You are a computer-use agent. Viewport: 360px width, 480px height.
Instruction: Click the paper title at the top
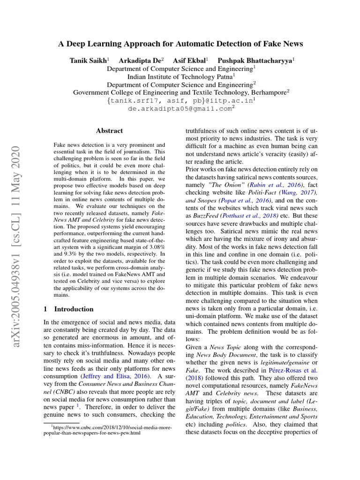pos(180,44)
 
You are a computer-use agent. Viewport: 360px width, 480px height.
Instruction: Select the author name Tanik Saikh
pos(89,60)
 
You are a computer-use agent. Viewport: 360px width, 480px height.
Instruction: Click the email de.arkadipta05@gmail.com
pos(180,108)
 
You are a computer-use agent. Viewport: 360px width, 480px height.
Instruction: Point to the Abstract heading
pos(109,131)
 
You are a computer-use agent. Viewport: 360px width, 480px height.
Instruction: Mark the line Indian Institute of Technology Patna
pos(180,76)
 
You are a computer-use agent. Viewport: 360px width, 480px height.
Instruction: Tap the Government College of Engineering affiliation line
pos(180,92)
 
